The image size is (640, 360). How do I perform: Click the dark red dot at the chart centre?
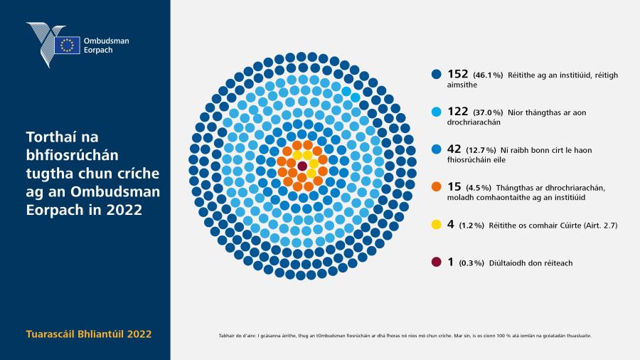click(x=302, y=166)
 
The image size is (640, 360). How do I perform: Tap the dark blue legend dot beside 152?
click(x=437, y=74)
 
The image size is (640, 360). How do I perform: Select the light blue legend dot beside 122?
click(x=437, y=112)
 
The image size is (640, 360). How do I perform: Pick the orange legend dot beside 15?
click(x=437, y=186)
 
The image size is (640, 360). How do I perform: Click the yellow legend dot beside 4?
click(x=437, y=225)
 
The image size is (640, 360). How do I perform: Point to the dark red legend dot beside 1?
click(x=437, y=262)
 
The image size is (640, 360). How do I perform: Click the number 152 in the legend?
click(x=457, y=74)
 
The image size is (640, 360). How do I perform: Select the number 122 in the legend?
click(x=457, y=112)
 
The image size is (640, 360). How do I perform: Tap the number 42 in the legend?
click(x=454, y=149)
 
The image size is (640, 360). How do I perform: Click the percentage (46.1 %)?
click(x=488, y=75)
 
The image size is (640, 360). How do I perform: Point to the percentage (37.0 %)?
click(x=488, y=112)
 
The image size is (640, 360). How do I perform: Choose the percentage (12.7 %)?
click(x=481, y=150)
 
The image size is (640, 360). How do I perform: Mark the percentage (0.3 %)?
click(x=471, y=263)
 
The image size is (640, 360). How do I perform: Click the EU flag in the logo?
click(x=67, y=46)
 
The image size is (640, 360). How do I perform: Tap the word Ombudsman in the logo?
click(x=106, y=41)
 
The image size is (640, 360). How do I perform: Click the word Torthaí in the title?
click(x=62, y=137)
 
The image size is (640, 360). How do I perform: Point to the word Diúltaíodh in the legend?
click(x=507, y=263)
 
